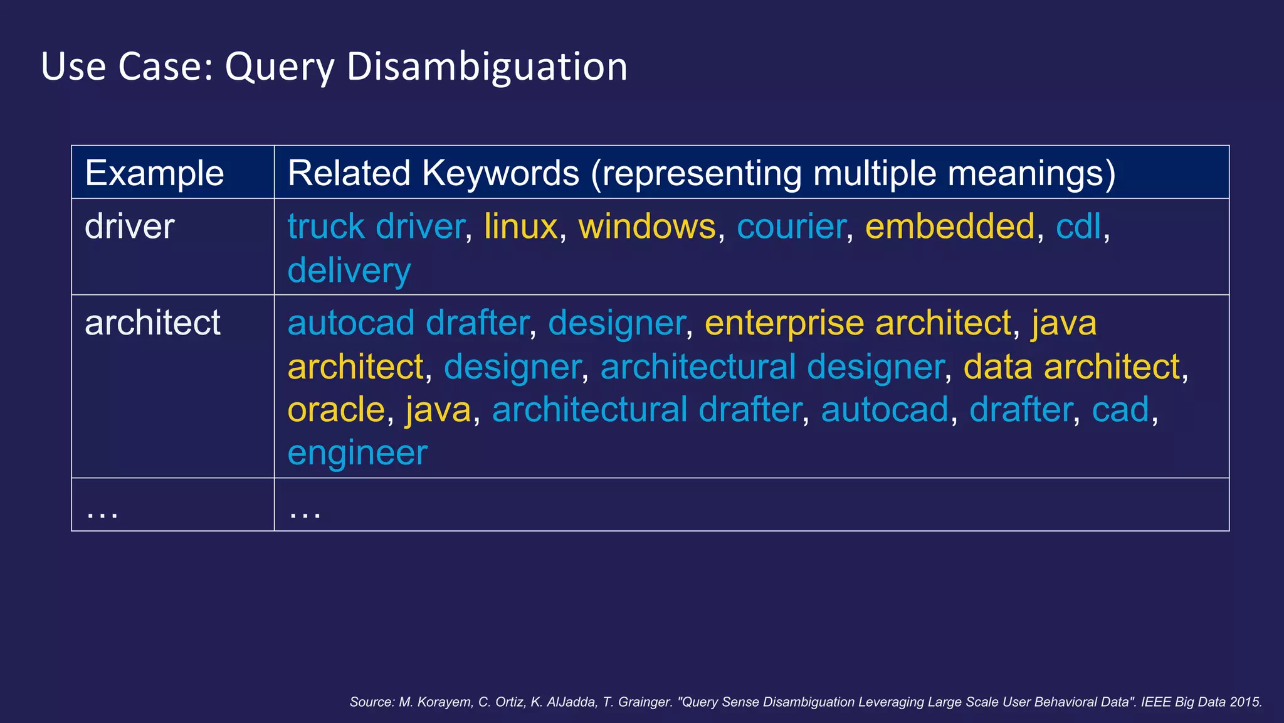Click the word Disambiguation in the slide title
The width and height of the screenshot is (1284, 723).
[x=487, y=67]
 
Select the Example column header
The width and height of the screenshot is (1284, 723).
[x=154, y=173]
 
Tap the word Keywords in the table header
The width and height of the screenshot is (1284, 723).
[x=500, y=173]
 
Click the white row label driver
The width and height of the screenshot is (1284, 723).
[x=129, y=227]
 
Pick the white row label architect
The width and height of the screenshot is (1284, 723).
[x=152, y=323]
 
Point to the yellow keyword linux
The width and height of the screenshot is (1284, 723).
[x=520, y=227]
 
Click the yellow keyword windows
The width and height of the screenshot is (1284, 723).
[x=646, y=227]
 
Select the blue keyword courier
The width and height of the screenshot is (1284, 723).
[x=791, y=227]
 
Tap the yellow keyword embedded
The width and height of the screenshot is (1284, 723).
[x=950, y=227]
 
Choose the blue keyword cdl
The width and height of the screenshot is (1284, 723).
[x=1078, y=227]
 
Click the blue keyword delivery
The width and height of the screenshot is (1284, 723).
[x=349, y=270]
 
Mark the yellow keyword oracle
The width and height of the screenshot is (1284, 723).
[x=336, y=410]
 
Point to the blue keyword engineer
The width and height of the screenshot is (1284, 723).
[x=357, y=453]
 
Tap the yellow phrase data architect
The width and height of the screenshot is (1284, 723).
[x=1071, y=367]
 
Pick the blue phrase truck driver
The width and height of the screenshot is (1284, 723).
[x=376, y=227]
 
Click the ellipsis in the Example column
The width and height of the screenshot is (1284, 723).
[x=102, y=512]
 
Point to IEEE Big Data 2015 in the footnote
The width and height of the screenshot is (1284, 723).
[x=1201, y=702]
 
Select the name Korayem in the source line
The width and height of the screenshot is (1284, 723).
[x=445, y=702]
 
